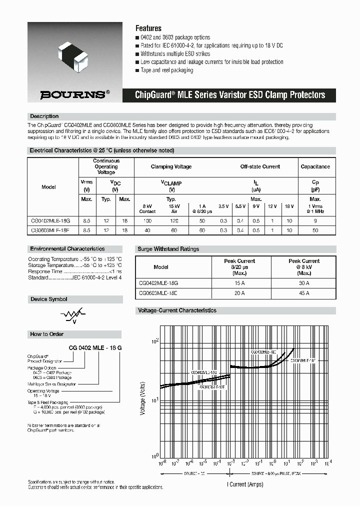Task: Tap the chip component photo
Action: point(74,54)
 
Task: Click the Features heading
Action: point(148,28)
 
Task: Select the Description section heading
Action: point(44,116)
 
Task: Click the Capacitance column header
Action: point(315,166)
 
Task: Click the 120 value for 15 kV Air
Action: point(173,220)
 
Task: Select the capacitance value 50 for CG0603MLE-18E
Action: point(315,230)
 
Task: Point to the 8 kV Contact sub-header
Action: point(147,208)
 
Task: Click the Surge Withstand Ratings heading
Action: point(168,249)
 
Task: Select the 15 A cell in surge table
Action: point(239,283)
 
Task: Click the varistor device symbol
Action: point(70,315)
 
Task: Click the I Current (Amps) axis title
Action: point(245,484)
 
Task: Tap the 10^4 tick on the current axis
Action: point(328,462)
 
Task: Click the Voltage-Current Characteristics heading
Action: point(177,310)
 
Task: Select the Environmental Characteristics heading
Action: point(67,248)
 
